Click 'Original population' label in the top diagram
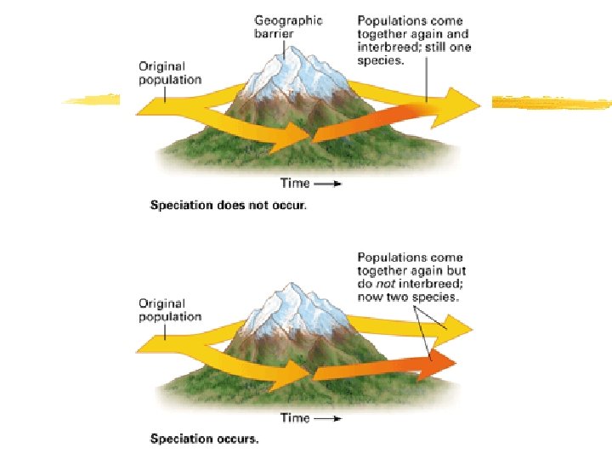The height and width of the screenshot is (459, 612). pyautogui.click(x=170, y=73)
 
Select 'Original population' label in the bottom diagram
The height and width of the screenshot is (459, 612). pyautogui.click(x=170, y=310)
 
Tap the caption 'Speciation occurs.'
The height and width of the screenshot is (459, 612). pyautogui.click(x=204, y=439)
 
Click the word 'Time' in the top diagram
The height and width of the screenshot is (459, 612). pyautogui.click(x=294, y=183)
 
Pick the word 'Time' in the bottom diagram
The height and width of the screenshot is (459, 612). pyautogui.click(x=294, y=418)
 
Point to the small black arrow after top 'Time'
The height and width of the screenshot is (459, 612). pyautogui.click(x=331, y=184)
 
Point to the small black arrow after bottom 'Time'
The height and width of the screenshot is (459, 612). pyautogui.click(x=331, y=419)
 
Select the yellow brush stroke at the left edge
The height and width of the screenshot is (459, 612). pyautogui.click(x=92, y=100)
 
